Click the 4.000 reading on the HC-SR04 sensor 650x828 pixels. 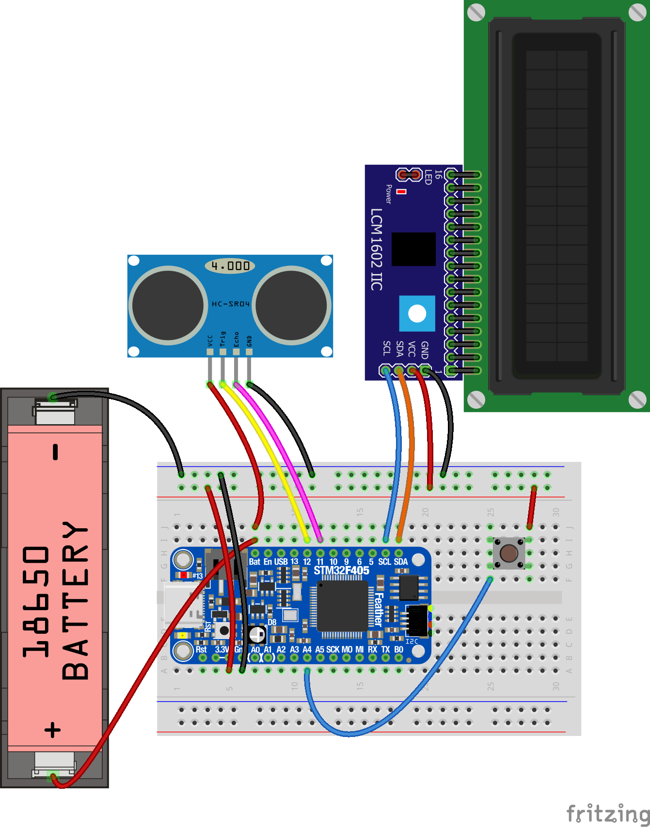point(230,266)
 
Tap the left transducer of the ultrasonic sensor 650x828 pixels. point(168,305)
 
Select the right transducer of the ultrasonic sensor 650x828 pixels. point(291,305)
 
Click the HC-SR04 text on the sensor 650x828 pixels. point(230,304)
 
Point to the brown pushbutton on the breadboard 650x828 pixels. point(508,552)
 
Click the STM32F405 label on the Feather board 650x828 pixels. point(341,571)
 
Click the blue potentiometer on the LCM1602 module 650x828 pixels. point(417,313)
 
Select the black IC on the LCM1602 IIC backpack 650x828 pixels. point(413,249)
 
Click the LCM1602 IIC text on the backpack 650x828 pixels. point(377,249)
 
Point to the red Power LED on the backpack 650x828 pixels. point(401,192)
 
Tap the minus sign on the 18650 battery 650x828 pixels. point(55,451)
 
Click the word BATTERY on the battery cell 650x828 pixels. point(76,600)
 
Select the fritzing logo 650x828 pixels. point(608,813)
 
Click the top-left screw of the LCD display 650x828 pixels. point(476,13)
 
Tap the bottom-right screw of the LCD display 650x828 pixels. point(637,399)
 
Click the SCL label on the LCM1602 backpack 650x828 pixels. point(386,348)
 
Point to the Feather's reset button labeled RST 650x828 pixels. point(224,630)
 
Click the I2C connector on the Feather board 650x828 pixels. point(416,620)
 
